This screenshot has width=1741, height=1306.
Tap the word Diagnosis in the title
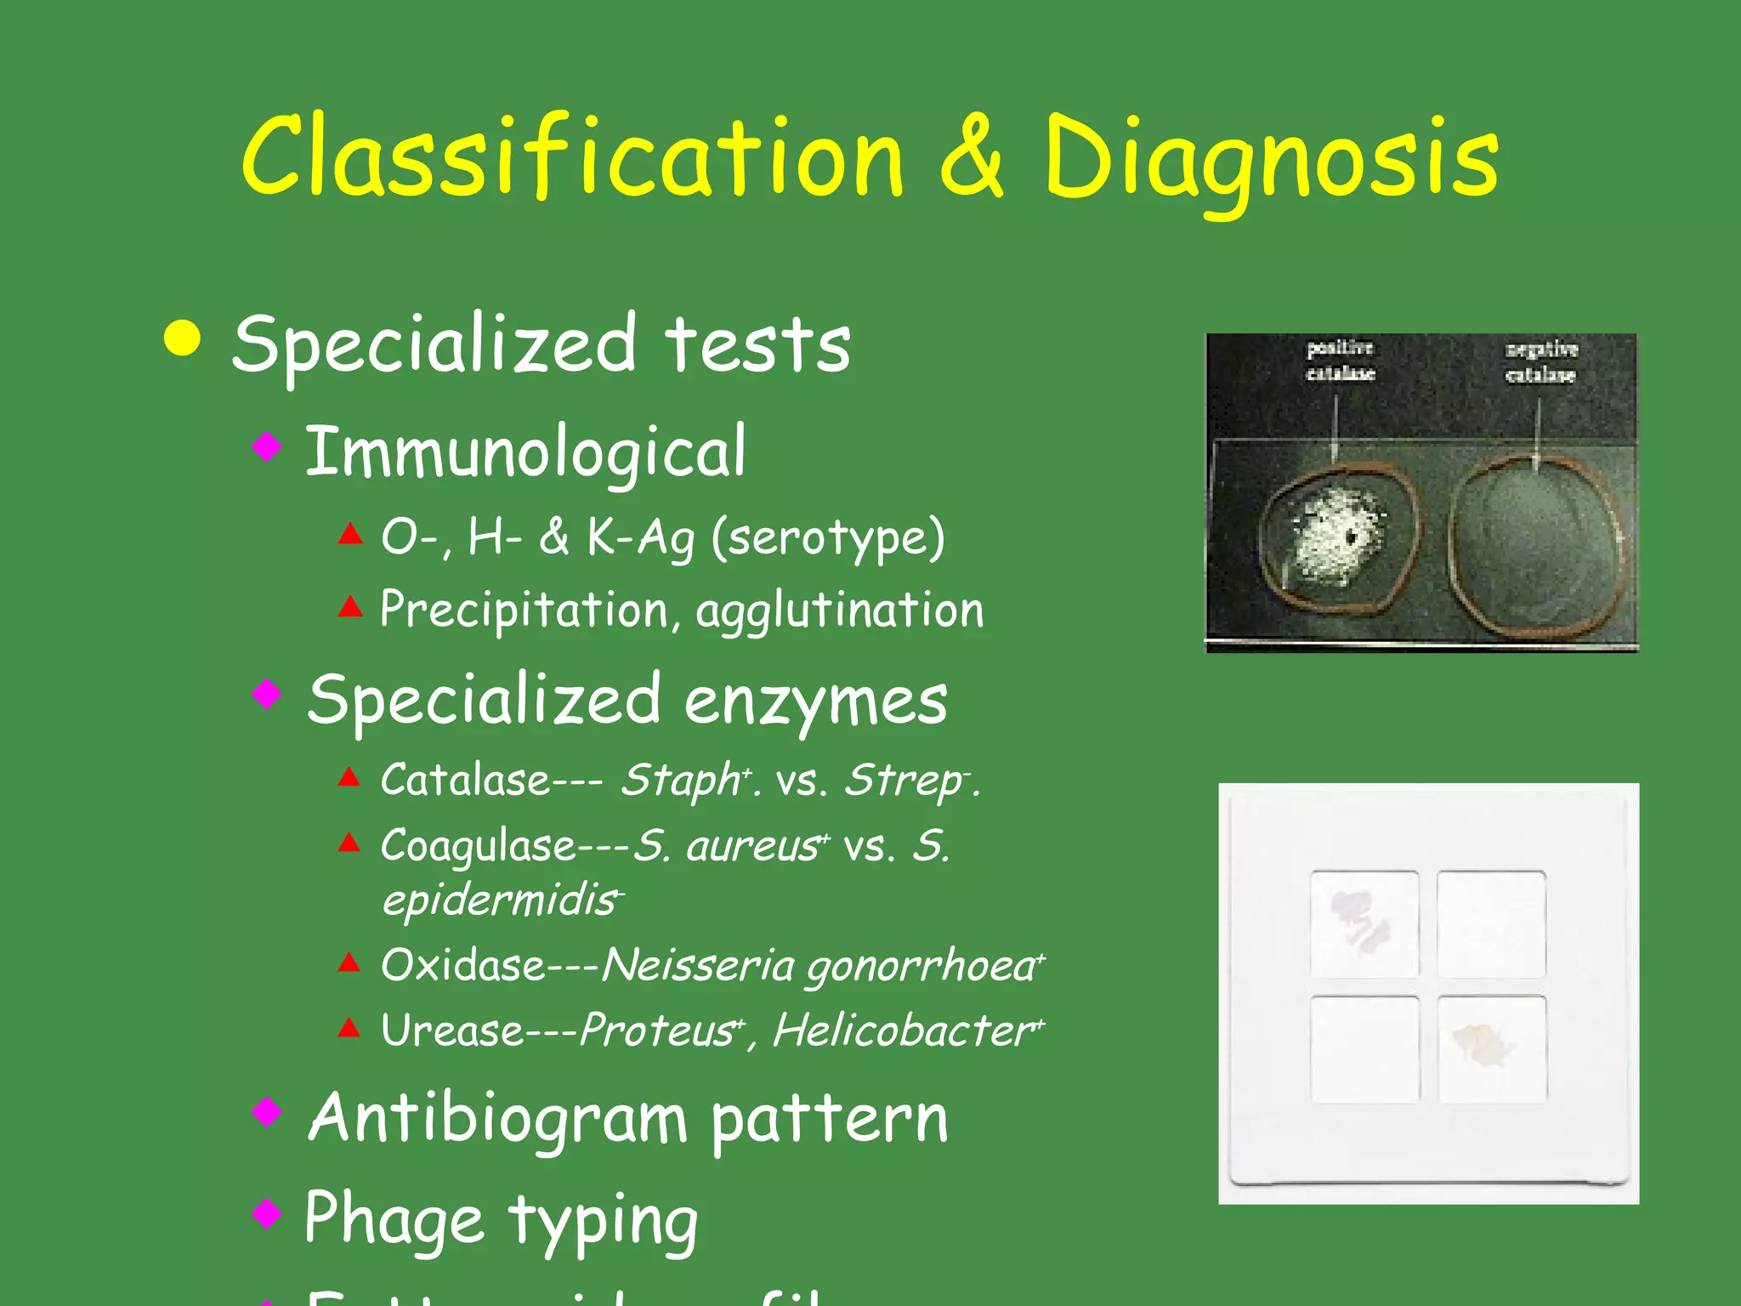click(1272, 162)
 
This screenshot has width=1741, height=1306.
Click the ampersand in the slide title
click(972, 157)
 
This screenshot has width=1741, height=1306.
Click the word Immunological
click(525, 452)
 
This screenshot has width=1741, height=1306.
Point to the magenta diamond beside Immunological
click(267, 446)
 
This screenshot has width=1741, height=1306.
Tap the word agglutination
click(840, 610)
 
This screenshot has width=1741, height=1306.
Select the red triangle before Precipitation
click(350, 606)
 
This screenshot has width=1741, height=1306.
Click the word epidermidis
click(500, 900)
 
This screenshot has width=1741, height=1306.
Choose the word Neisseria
click(697, 966)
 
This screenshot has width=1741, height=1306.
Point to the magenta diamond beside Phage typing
click(267, 1212)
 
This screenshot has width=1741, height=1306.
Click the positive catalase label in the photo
click(1340, 361)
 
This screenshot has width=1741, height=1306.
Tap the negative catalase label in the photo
click(1541, 361)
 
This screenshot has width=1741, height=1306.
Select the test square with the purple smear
click(1364, 923)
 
